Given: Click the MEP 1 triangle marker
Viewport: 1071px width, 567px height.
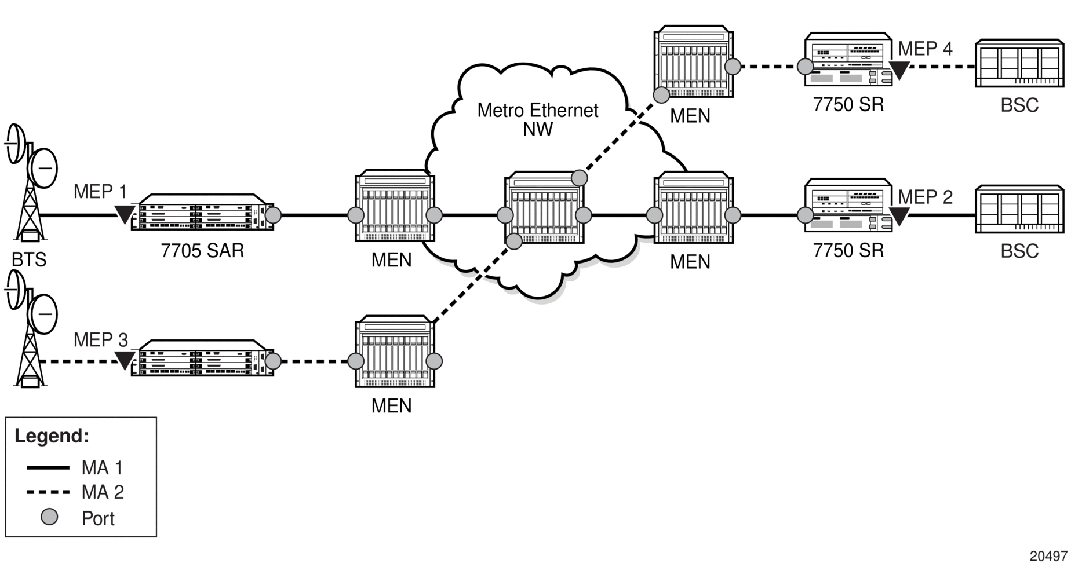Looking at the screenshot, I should pos(124,214).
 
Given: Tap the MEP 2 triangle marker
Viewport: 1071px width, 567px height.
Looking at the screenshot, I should pos(899,216).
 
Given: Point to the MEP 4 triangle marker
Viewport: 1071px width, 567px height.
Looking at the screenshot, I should pos(899,69).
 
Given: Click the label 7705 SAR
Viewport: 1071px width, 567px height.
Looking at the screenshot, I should pos(202,251).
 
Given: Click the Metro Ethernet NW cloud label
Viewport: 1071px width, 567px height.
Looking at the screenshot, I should pos(537,119).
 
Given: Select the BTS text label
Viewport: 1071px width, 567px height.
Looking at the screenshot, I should pos(29,260).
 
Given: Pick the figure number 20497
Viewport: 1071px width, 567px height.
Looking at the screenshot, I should pos(1048,556).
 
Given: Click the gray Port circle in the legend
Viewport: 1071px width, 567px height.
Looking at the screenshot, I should pos(50,517).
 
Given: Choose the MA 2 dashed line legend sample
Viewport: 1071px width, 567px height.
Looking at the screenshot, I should pos(48,492).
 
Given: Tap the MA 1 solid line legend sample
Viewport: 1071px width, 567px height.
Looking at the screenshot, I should pos(48,467).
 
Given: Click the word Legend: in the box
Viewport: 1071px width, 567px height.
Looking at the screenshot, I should pos(52,436).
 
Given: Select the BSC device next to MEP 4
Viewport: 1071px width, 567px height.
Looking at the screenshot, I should pos(1019,63).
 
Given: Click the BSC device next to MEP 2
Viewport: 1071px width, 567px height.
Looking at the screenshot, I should pos(1019,209).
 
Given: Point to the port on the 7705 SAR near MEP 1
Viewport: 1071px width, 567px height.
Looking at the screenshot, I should pos(273,215).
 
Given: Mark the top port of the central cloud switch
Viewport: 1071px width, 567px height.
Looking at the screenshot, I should pos(579,178).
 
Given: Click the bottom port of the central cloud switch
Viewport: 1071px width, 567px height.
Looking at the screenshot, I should pos(514,241).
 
